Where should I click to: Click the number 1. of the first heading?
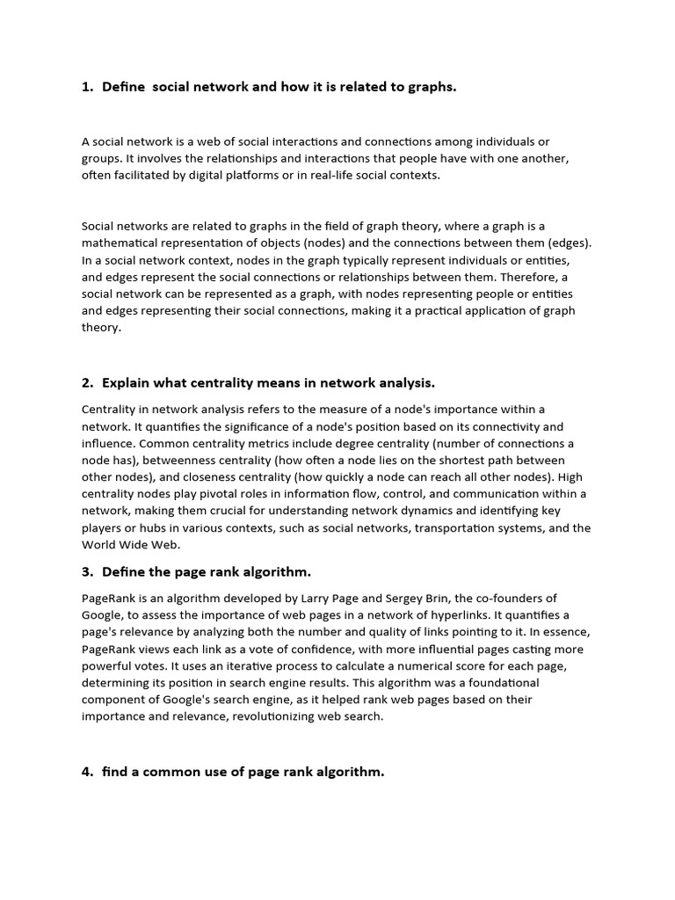pyautogui.click(x=87, y=86)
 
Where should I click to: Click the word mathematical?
pyautogui.click(x=122, y=243)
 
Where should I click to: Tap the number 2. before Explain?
pyautogui.click(x=87, y=382)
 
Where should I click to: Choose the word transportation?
pyautogui.click(x=454, y=527)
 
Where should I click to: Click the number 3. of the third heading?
pyautogui.click(x=87, y=571)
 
